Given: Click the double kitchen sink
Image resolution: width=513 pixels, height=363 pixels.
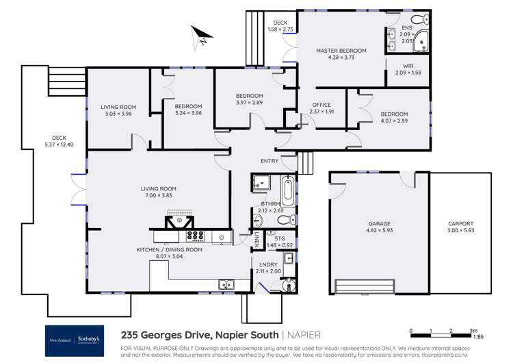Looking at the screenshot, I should pos(226,284).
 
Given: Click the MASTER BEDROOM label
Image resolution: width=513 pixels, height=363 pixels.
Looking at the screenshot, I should pos(341,51).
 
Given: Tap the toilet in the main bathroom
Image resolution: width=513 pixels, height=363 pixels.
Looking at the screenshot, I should pos(291,219).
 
